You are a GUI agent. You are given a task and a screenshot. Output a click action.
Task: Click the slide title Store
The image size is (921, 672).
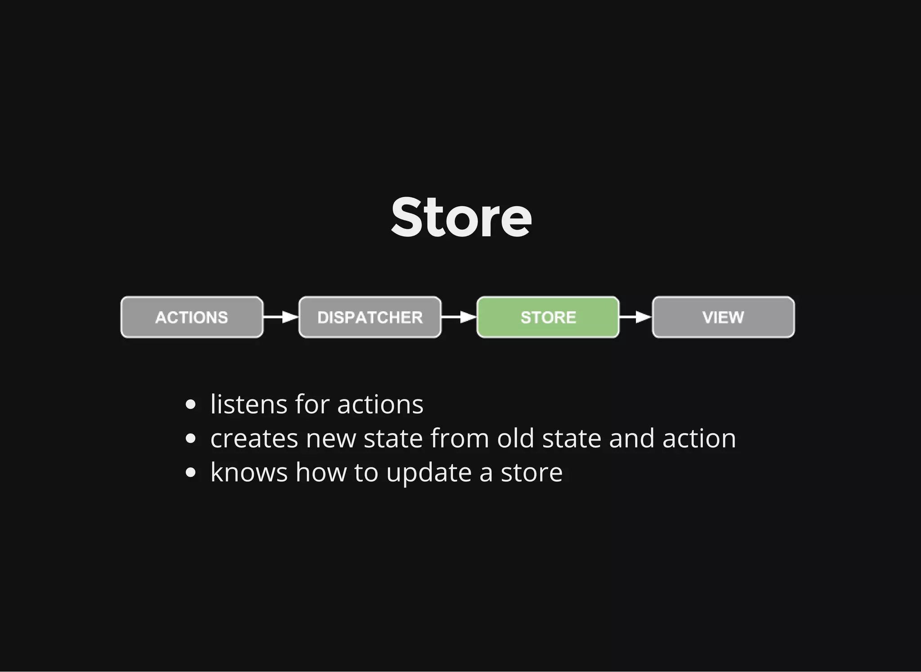461,218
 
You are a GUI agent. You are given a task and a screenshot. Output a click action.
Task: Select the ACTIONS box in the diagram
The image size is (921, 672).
192,317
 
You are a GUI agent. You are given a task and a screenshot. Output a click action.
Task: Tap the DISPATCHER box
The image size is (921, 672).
370,317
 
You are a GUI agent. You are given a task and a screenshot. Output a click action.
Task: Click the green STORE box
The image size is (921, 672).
548,317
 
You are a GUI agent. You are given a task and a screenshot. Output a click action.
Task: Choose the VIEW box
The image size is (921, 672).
723,317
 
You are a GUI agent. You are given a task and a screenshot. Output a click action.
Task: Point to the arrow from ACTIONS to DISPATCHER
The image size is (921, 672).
281,317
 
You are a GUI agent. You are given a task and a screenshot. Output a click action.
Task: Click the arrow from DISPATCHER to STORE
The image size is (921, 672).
459,317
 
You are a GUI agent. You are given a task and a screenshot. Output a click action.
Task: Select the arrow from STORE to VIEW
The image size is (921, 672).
635,317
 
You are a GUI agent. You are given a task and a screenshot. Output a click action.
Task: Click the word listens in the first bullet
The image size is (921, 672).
249,404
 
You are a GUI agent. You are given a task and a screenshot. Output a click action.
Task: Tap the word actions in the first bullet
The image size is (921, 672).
380,404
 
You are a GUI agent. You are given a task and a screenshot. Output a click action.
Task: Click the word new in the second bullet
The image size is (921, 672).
331,439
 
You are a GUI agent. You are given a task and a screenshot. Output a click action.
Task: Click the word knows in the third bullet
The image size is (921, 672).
249,472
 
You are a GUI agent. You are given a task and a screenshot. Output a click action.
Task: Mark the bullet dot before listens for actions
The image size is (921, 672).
191,404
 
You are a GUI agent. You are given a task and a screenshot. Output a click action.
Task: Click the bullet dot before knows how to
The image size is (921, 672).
191,473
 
